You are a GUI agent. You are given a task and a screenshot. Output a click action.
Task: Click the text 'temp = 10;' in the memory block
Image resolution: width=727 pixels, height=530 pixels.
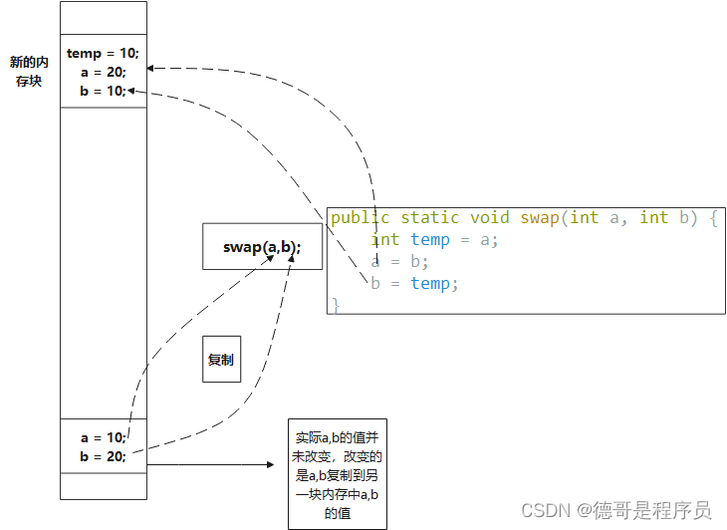pyautogui.click(x=103, y=53)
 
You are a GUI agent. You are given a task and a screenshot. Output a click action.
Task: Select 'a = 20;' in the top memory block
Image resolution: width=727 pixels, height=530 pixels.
pyautogui.click(x=103, y=72)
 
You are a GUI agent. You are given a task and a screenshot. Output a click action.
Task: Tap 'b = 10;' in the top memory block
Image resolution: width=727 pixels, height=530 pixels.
pyautogui.click(x=103, y=91)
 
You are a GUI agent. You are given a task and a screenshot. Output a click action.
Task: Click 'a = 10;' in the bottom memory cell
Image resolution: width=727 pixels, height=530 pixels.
pyautogui.click(x=103, y=437)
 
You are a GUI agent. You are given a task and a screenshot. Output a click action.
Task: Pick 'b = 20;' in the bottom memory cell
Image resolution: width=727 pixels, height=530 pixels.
pyautogui.click(x=103, y=456)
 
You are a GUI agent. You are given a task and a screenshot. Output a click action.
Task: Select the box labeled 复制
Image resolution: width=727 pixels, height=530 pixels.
pyautogui.click(x=221, y=360)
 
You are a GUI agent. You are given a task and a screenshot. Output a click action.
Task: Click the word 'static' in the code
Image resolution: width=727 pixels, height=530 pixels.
pyautogui.click(x=430, y=217)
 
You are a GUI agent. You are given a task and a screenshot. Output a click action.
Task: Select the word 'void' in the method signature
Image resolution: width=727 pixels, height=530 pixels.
pyautogui.click(x=489, y=217)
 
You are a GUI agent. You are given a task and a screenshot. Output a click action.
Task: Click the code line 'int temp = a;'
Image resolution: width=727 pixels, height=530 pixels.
pyautogui.click(x=434, y=239)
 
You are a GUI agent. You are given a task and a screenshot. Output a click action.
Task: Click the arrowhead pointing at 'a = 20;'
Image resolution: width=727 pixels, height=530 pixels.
pyautogui.click(x=151, y=68)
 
